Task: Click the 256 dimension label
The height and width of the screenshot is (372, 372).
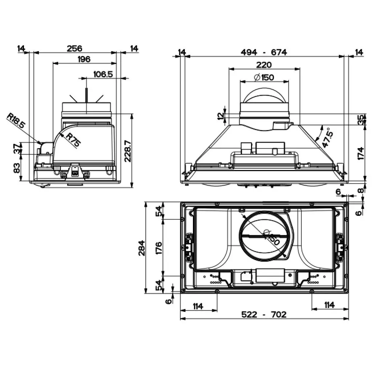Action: tap(74, 49)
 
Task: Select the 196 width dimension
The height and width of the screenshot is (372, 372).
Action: tap(84, 59)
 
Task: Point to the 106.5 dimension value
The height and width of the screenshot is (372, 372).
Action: tap(103, 74)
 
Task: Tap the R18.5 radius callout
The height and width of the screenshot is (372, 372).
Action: tap(16, 121)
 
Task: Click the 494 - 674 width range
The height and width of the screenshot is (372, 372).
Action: tap(264, 52)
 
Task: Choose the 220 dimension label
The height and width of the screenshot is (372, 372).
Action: tap(264, 65)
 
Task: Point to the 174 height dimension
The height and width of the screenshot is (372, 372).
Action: tap(360, 153)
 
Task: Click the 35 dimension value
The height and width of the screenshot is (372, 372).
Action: tap(360, 120)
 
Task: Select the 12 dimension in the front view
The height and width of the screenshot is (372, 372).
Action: tap(220, 116)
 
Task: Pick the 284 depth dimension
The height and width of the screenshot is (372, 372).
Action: tap(141, 248)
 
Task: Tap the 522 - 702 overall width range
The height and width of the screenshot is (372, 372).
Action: tap(264, 314)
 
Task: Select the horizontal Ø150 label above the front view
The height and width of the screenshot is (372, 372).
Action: tap(264, 77)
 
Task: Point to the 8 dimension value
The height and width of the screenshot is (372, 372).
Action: tap(360, 190)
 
